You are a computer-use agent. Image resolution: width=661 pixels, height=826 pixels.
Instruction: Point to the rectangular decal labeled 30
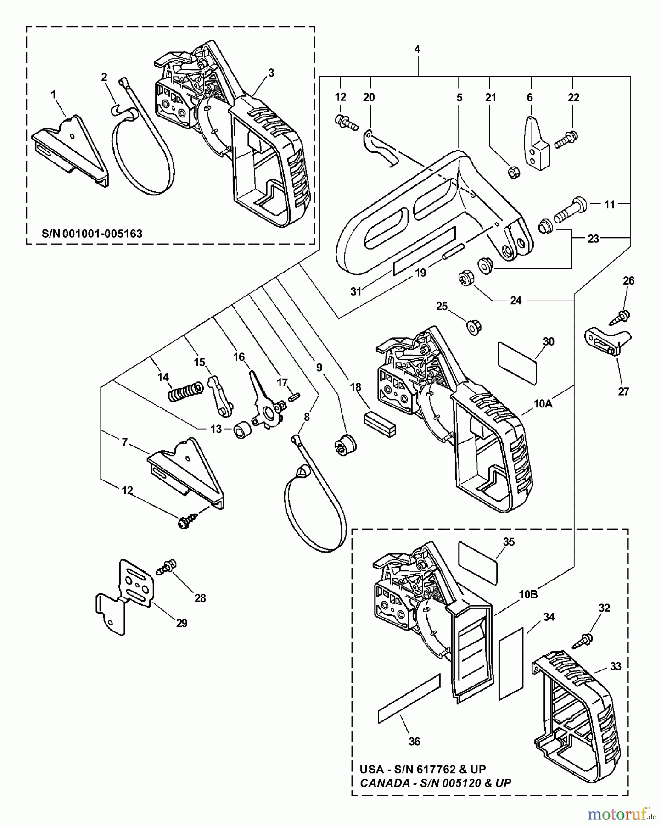(517, 363)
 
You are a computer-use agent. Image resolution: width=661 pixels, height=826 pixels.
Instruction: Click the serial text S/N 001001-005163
(92, 233)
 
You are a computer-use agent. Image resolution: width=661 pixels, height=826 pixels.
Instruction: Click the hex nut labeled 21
(513, 173)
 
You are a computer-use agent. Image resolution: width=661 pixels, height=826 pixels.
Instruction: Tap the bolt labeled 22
(566, 139)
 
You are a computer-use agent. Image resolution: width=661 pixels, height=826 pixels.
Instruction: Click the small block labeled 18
(380, 424)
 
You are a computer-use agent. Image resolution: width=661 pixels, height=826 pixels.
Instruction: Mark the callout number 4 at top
(417, 49)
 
